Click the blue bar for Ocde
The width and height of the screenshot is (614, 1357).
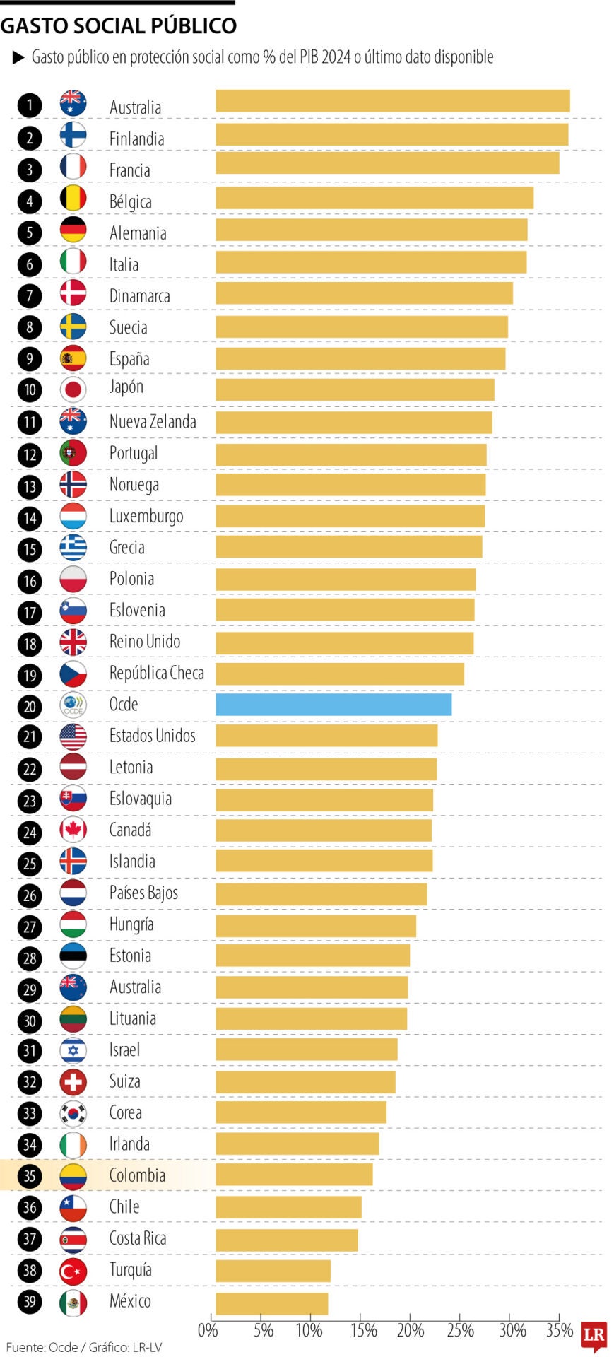click(333, 705)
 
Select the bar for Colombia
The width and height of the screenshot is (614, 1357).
click(293, 1175)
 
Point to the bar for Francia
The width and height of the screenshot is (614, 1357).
click(386, 163)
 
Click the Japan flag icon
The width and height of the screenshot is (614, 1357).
click(73, 389)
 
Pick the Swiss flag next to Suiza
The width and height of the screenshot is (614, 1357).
click(73, 1081)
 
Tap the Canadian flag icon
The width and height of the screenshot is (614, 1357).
click(73, 830)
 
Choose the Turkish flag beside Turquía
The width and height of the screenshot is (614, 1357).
click(73, 1270)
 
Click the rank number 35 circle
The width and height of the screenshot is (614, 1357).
click(30, 1175)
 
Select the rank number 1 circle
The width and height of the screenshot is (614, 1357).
click(30, 105)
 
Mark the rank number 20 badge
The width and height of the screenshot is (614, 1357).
click(30, 705)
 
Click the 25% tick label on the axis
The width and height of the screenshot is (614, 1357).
click(460, 1331)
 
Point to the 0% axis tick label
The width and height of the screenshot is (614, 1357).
click(208, 1331)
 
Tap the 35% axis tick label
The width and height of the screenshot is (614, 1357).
click(560, 1331)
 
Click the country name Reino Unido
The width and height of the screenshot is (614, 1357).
click(144, 642)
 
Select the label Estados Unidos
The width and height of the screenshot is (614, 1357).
click(152, 736)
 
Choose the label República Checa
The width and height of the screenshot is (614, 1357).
click(156, 674)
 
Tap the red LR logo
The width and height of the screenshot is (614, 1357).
click(594, 1334)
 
